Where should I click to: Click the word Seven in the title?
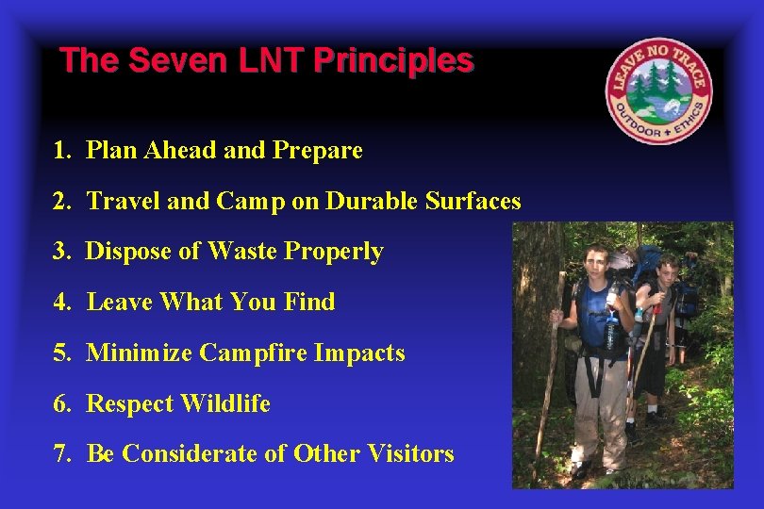(x=178, y=59)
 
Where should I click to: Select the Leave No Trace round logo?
(x=658, y=90)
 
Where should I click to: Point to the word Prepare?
(x=318, y=151)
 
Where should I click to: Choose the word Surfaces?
(x=473, y=201)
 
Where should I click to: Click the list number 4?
(x=62, y=302)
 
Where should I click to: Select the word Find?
(x=310, y=302)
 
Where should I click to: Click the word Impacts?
(x=359, y=353)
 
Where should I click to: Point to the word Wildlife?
(x=225, y=403)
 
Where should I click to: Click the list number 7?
(x=62, y=454)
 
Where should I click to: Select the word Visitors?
(x=410, y=453)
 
